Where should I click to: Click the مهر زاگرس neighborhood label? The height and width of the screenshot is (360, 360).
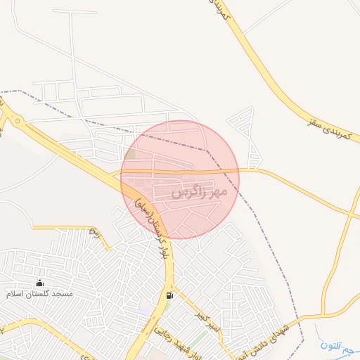(200, 191)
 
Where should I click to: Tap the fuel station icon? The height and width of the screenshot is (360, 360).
(169, 295)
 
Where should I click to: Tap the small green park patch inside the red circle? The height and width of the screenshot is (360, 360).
(131, 154)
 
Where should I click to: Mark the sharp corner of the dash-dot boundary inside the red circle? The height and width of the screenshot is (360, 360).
(206, 150)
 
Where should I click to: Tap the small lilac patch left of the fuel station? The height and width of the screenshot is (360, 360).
(145, 309)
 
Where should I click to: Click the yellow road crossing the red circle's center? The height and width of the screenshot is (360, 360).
(180, 171)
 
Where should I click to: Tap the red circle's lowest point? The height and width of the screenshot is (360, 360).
(180, 239)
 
